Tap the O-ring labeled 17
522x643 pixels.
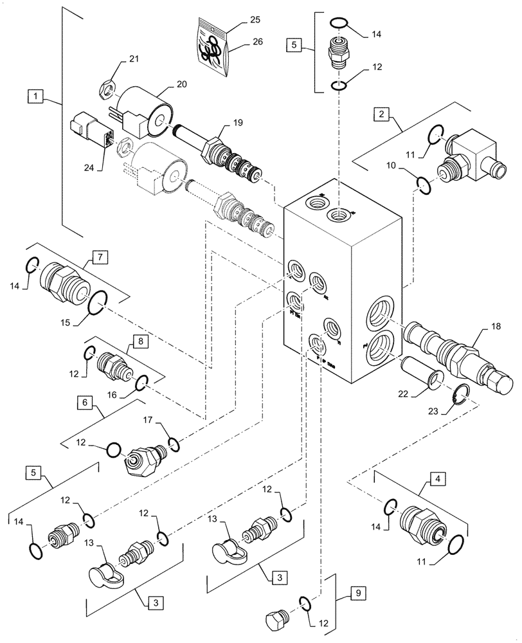[174, 442]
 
